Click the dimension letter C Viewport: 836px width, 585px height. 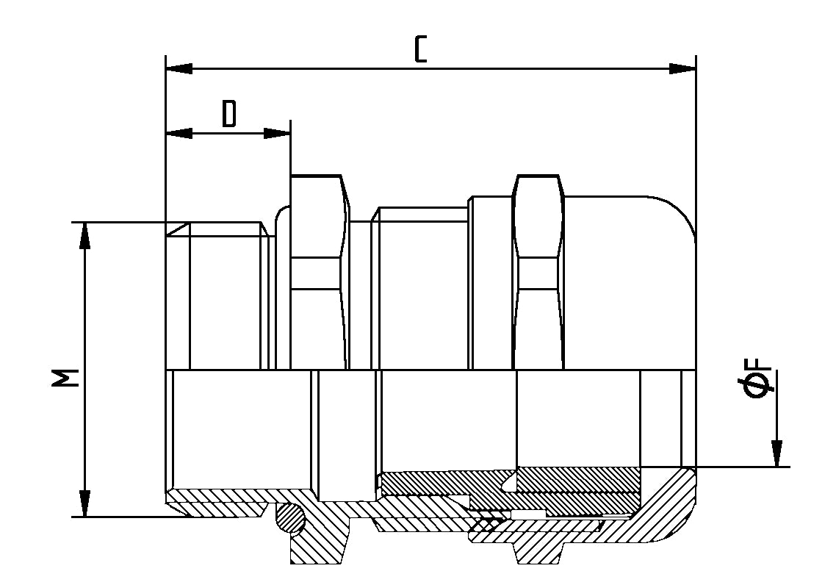(x=420, y=49)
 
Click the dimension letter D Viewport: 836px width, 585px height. (x=230, y=115)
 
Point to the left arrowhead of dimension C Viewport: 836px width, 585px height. (x=179, y=68)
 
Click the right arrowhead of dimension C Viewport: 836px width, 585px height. (x=682, y=68)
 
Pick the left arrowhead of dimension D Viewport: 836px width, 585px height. (x=179, y=133)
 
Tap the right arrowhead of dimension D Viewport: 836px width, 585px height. (x=278, y=133)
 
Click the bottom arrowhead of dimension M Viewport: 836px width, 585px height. (x=85, y=503)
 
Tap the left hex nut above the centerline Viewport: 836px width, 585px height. (x=319, y=272)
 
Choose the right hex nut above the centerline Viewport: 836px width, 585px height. (x=539, y=272)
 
